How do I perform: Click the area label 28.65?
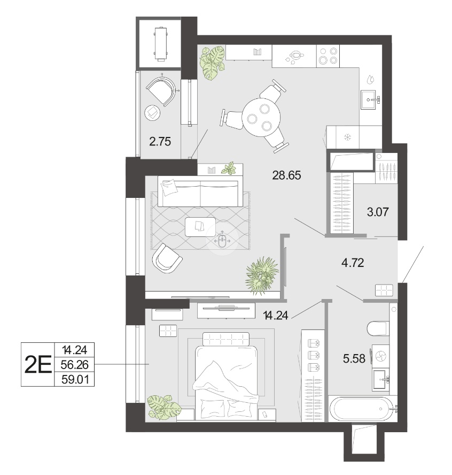[x=286, y=175]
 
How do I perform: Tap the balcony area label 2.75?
[x=160, y=141]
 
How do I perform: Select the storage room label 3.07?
[x=378, y=212]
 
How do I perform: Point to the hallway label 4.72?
[x=353, y=263]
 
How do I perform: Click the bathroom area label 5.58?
[x=354, y=359]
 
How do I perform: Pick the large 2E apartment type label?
[x=38, y=365]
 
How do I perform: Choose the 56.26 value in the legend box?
[x=74, y=365]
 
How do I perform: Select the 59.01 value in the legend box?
[x=75, y=380]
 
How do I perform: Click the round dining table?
[x=261, y=118]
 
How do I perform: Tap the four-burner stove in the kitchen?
[x=328, y=56]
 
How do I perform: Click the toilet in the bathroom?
[x=377, y=329]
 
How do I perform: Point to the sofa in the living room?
[x=200, y=193]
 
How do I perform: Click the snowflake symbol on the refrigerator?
[x=348, y=138]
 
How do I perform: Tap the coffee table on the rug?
[x=200, y=227]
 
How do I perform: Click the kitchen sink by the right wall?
[x=370, y=99]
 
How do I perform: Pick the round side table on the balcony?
[x=153, y=113]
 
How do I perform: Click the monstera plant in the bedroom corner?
[x=163, y=407]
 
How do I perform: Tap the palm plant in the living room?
[x=262, y=275]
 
